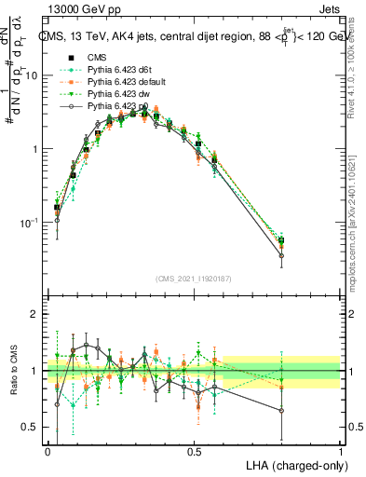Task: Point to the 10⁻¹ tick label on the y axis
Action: [x=31, y=222]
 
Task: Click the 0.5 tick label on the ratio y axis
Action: [x=33, y=427]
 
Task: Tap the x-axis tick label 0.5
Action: [x=195, y=451]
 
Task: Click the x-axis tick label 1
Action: [x=341, y=451]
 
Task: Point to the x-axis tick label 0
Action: [x=48, y=451]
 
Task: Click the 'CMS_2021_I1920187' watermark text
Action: [x=194, y=278]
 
